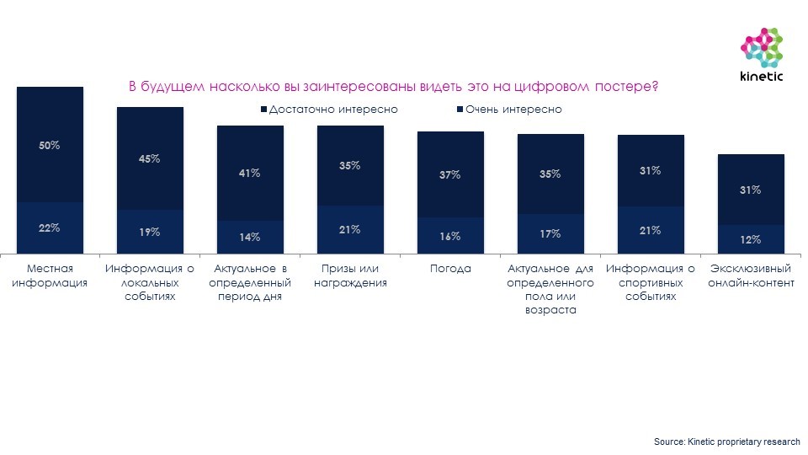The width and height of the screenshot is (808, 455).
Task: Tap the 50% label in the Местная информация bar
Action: click(x=50, y=145)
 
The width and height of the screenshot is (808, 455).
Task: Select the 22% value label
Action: click(x=50, y=227)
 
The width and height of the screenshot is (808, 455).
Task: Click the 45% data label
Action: click(x=150, y=158)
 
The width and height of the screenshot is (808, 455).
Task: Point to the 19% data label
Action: click(x=150, y=231)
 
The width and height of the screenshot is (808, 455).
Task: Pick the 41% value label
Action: click(x=250, y=173)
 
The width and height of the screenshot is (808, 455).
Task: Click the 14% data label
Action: click(x=250, y=237)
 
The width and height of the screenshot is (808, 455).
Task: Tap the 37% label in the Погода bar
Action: click(x=450, y=174)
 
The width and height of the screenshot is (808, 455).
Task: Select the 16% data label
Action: click(x=450, y=236)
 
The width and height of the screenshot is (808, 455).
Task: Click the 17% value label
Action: click(x=550, y=233)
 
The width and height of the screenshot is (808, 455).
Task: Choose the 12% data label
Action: click(x=751, y=239)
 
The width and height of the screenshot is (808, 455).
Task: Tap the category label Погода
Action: click(x=450, y=269)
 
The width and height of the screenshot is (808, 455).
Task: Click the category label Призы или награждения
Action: click(x=350, y=276)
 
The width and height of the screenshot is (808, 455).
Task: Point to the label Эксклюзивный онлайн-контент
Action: click(x=751, y=276)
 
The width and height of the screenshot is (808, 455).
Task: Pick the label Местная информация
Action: click(x=50, y=276)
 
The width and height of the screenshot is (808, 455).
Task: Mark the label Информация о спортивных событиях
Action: click(x=651, y=282)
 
